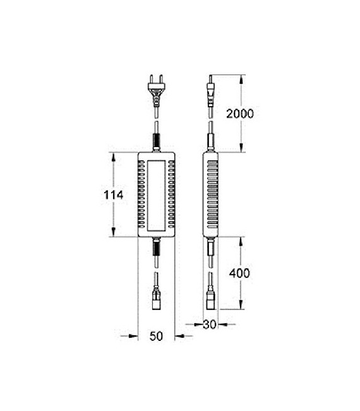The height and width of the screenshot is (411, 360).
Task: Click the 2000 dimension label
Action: tap(239, 114)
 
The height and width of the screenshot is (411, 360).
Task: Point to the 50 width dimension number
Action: tap(156, 336)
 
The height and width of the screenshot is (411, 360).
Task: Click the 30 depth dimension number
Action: tap(211, 325)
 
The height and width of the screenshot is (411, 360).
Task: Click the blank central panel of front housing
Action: tap(155, 194)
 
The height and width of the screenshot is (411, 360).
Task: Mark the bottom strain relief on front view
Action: tap(155, 247)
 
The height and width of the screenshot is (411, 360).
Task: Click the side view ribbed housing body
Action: tap(211, 194)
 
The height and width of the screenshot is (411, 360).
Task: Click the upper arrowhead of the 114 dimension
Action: tap(114, 155)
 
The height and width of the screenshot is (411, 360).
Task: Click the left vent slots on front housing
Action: tap(141, 194)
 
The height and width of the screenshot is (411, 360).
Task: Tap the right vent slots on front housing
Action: tap(170, 194)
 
